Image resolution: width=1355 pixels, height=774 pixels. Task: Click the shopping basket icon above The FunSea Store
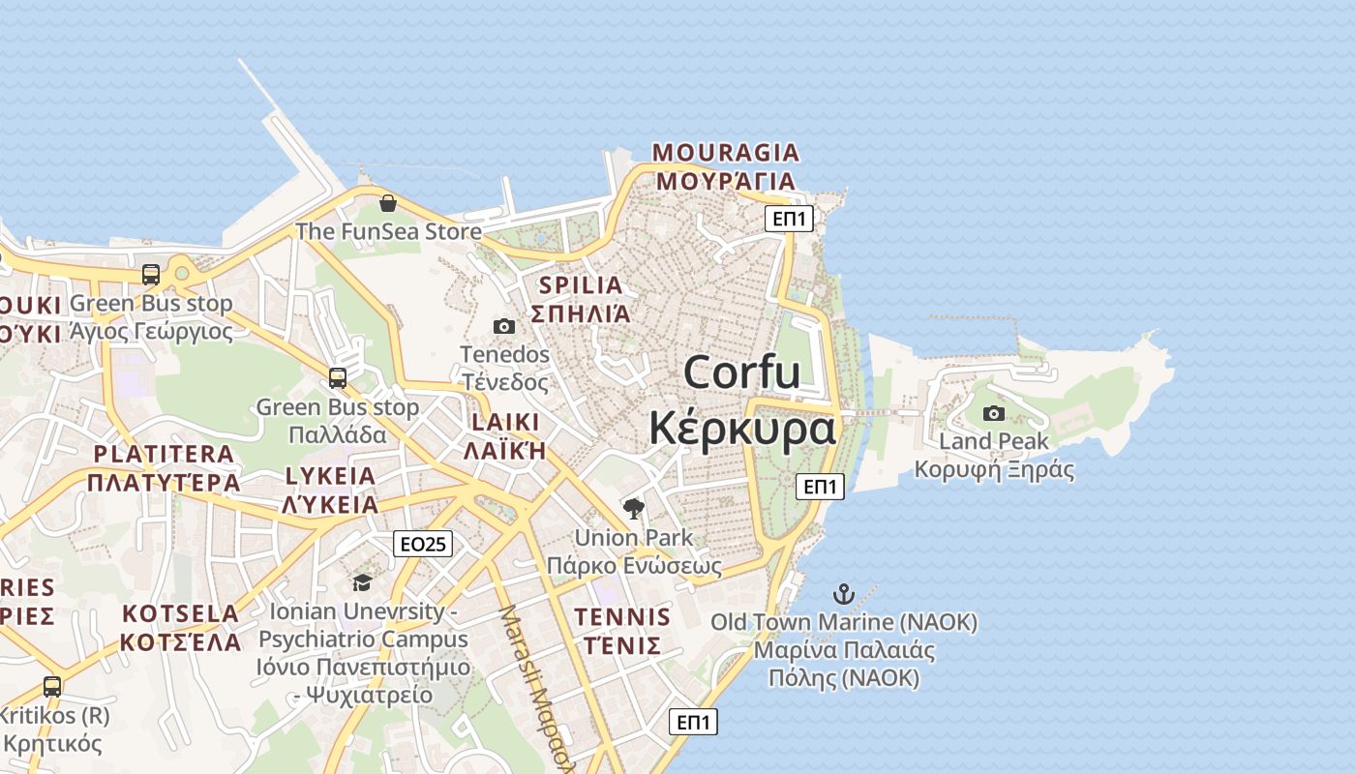tap(388, 203)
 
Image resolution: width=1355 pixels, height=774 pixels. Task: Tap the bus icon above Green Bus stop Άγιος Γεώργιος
tap(151, 274)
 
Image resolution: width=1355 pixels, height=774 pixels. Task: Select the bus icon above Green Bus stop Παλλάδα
tap(338, 378)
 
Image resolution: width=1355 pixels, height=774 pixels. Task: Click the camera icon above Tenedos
tap(504, 327)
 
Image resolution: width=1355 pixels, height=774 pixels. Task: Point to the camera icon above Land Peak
tap(994, 414)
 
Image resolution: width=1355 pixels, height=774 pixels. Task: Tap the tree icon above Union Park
tap(634, 509)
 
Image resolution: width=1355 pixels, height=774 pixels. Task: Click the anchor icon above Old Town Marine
tap(844, 593)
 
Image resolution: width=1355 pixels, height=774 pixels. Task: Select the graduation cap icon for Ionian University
tap(362, 582)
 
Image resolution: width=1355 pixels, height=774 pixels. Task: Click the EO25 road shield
tap(423, 544)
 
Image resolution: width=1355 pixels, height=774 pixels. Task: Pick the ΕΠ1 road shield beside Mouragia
tap(789, 219)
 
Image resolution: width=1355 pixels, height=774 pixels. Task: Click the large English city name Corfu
tap(742, 372)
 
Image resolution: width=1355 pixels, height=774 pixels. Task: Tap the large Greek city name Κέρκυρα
tap(742, 428)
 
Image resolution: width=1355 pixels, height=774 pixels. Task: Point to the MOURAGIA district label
tap(726, 153)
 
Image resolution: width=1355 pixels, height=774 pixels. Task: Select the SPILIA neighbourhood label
tap(581, 285)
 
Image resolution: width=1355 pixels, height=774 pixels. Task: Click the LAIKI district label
tap(504, 422)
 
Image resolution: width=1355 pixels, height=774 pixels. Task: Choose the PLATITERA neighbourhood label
tap(164, 454)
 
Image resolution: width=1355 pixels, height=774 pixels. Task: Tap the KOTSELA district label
tap(181, 613)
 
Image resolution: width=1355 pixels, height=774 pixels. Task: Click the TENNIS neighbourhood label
tap(622, 617)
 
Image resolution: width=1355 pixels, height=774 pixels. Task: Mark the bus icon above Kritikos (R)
tap(52, 687)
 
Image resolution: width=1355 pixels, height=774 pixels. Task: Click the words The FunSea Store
tap(388, 231)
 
